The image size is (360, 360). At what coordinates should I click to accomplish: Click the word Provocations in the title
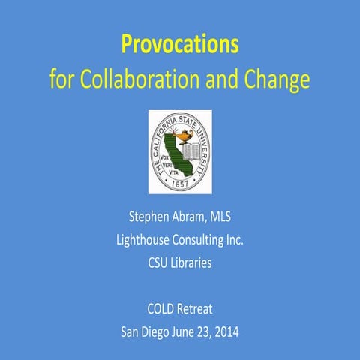(x=179, y=46)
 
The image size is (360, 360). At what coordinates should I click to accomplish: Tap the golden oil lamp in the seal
(x=176, y=130)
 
